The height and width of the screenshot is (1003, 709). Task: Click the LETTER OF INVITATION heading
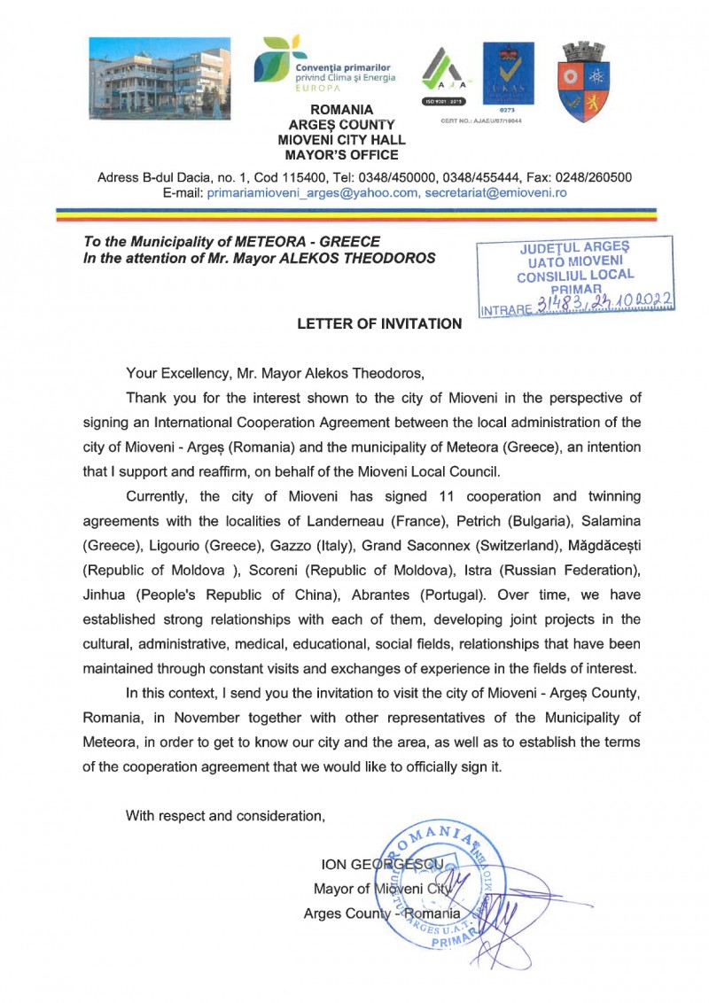click(x=379, y=324)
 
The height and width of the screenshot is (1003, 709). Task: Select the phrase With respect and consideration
click(x=225, y=816)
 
